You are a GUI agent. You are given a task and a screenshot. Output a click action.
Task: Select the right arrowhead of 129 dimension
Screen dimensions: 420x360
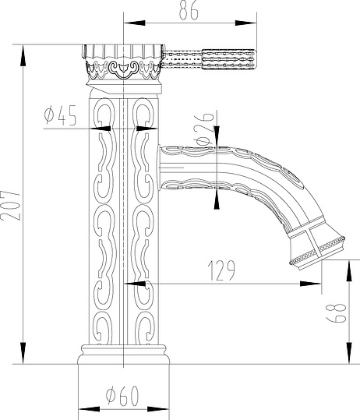tap(319, 284)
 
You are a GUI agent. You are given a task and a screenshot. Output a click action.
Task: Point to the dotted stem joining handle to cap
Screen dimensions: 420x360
tap(183, 57)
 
